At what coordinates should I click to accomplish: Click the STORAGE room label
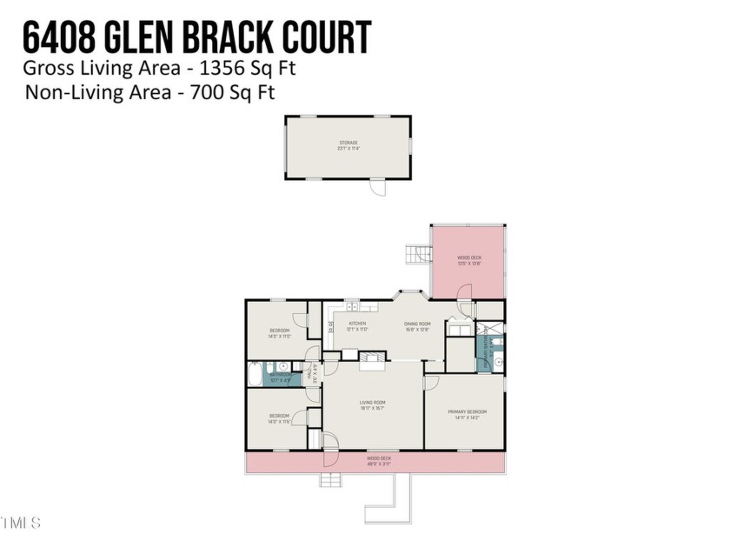point(348,143)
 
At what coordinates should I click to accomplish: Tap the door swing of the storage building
point(377,187)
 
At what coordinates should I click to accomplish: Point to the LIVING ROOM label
point(373,403)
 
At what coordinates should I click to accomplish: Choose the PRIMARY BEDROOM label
point(467,411)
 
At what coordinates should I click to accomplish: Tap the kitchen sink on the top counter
point(354,306)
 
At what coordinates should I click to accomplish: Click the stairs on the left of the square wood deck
point(419,255)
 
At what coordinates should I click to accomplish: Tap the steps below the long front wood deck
point(331,480)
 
